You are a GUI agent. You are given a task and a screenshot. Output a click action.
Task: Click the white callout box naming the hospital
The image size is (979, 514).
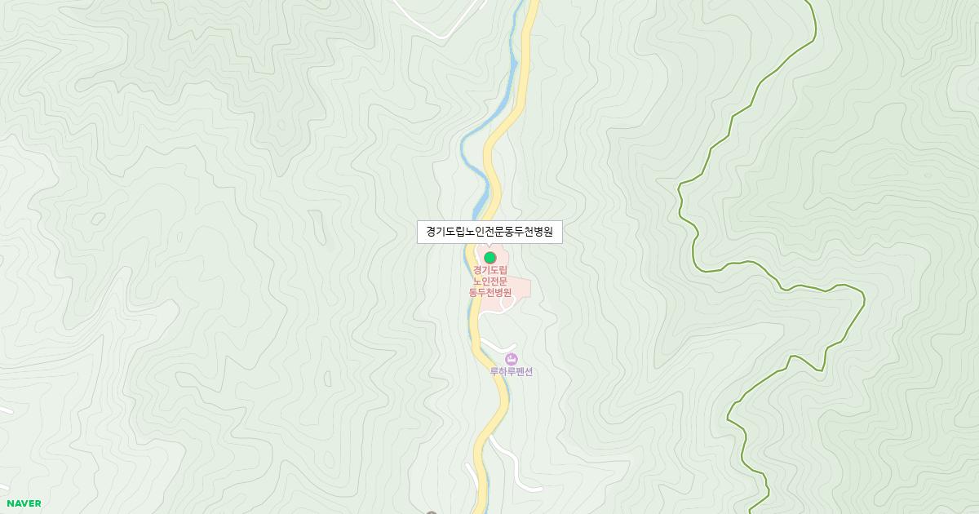(489, 232)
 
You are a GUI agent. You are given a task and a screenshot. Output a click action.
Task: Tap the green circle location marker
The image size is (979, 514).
(490, 258)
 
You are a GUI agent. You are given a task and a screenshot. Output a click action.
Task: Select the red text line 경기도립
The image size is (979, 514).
(490, 270)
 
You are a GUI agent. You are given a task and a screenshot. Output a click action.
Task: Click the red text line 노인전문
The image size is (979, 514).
(490, 281)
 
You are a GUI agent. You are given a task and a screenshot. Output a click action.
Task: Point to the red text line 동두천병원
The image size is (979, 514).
(490, 293)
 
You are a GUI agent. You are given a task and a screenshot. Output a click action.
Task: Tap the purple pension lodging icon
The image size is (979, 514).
(512, 359)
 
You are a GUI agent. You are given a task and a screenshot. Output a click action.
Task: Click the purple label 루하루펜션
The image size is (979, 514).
(512, 372)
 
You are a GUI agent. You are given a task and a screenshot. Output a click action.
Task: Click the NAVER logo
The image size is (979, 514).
(24, 503)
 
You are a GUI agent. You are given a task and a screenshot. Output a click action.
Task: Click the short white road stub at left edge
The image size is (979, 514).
(5, 409)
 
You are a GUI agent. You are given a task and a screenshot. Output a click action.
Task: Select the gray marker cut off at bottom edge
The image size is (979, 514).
(432, 512)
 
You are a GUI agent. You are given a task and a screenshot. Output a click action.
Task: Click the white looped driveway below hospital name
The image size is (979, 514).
(507, 304)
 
